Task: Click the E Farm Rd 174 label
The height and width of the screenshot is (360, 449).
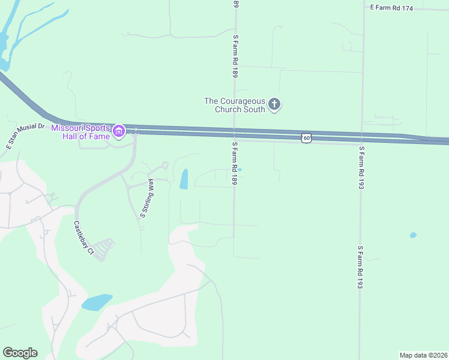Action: pos(391,8)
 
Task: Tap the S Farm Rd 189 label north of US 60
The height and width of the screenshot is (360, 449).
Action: pos(236,56)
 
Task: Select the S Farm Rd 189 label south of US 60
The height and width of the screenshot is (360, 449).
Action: pos(235,163)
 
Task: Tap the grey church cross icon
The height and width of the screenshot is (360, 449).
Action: pos(274,105)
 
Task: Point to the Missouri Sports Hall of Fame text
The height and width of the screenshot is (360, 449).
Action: pos(80,132)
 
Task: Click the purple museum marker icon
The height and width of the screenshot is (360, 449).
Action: pos(118,131)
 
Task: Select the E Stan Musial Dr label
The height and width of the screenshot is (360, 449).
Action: pos(25,136)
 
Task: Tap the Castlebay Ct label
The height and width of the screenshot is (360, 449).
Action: pos(83,237)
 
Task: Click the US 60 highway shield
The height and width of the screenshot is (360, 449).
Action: pos(307,138)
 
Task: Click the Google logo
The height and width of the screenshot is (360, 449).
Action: pos(20,353)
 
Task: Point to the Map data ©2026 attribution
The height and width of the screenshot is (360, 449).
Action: pos(423,355)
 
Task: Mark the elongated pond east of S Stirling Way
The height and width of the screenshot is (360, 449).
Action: pos(184,179)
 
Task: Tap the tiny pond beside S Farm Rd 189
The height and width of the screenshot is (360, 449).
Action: pos(240,170)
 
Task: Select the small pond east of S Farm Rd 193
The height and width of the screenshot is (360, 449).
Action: pos(413,235)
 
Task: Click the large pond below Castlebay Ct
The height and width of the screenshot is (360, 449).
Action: pos(97,302)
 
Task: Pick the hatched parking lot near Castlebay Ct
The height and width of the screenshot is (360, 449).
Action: pos(104,249)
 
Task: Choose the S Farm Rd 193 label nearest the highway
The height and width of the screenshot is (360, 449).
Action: pos(361,168)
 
